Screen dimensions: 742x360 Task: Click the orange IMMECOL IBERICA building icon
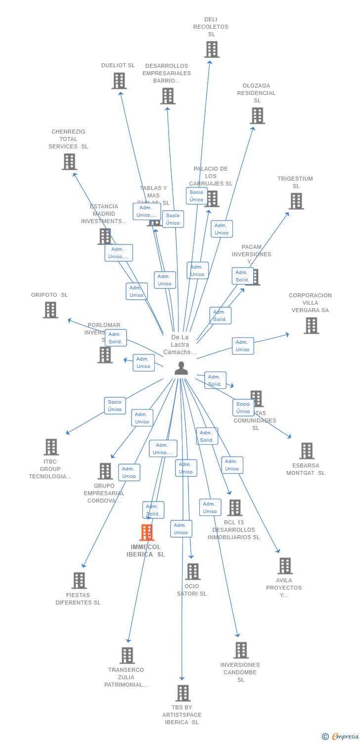[x=147, y=532]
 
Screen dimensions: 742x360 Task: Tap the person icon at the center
[x=181, y=368]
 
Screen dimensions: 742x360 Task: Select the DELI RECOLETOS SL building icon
[x=212, y=49]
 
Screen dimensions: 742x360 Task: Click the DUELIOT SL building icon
[x=119, y=81]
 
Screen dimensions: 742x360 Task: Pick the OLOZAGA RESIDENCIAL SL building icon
[x=257, y=116]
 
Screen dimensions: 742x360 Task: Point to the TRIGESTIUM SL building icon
[x=296, y=201]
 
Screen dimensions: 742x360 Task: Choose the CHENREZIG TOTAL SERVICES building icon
[x=69, y=162]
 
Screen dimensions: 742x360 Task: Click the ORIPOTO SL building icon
[x=50, y=310]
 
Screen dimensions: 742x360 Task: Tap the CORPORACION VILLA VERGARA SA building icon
[x=311, y=325]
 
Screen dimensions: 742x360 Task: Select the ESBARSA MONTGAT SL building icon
[x=307, y=451]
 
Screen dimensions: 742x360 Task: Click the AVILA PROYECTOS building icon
[x=285, y=566]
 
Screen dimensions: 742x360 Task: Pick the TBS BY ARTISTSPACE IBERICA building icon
[x=183, y=693]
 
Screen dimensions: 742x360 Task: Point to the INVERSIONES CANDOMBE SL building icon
[x=241, y=650]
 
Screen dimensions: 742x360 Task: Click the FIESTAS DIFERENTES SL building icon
[x=79, y=581]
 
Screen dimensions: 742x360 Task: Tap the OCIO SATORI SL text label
[x=192, y=590]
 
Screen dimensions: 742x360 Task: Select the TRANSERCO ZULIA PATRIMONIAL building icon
[x=127, y=655]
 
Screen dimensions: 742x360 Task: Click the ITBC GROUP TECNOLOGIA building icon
[x=51, y=447]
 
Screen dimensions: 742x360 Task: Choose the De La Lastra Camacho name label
[x=180, y=345]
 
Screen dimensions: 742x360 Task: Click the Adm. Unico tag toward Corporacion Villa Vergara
[x=243, y=346]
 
